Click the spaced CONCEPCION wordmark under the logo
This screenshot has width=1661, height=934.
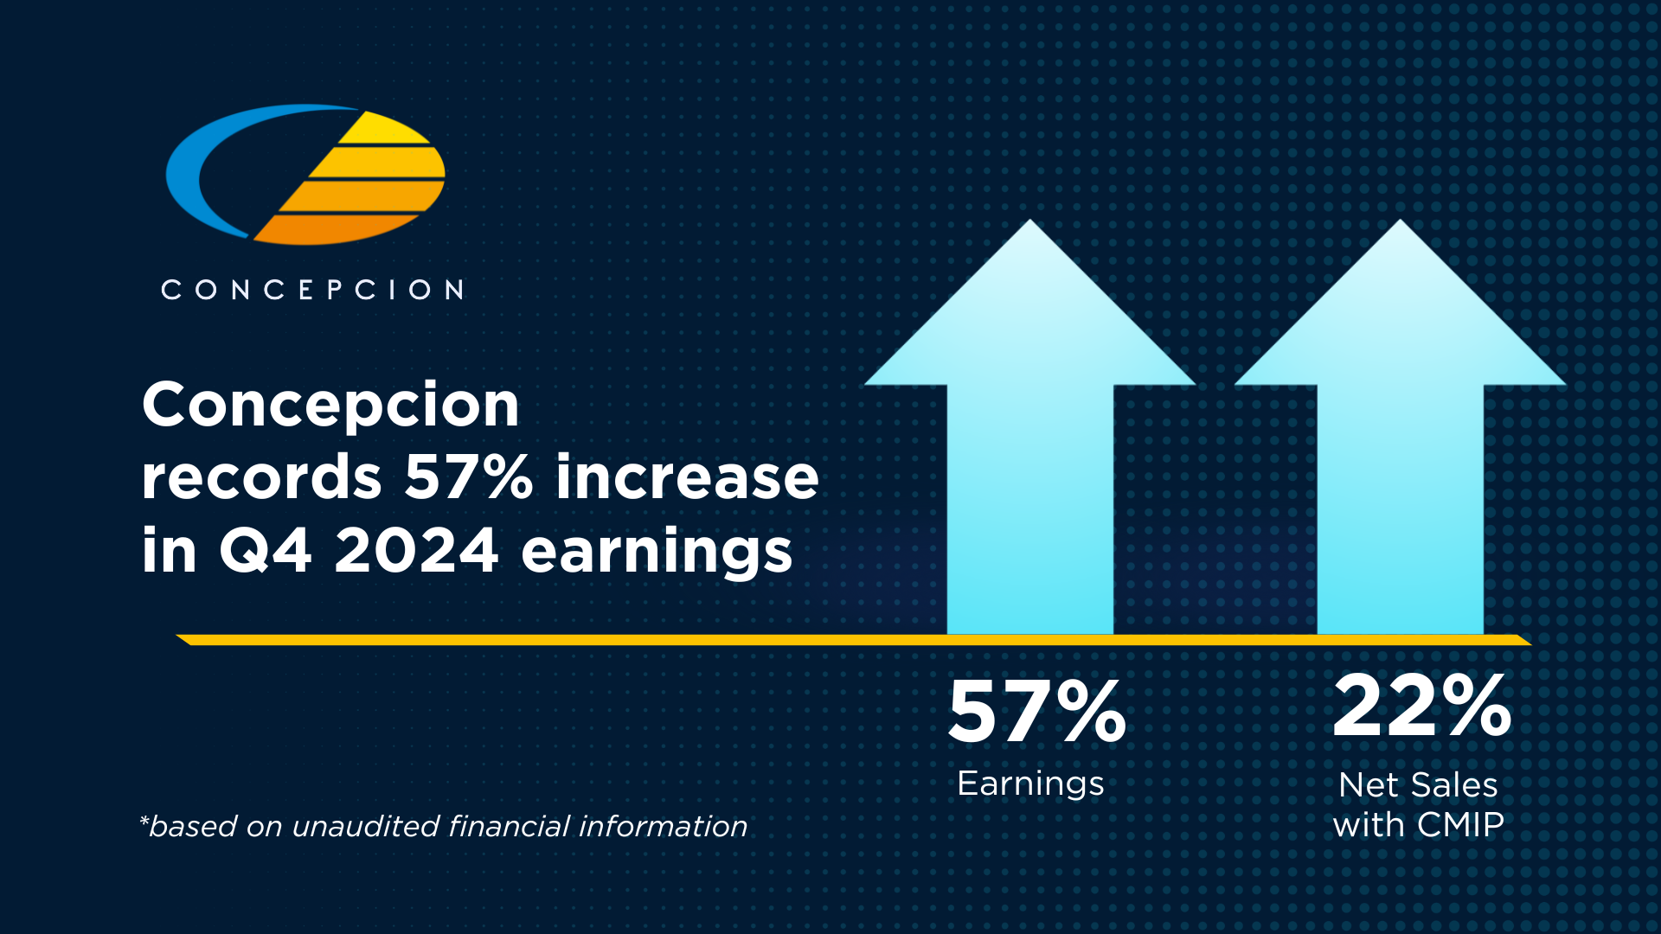(x=312, y=290)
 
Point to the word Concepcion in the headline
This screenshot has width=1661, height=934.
(x=330, y=405)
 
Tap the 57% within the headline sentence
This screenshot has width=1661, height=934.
(x=468, y=477)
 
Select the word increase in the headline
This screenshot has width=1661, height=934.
(x=687, y=477)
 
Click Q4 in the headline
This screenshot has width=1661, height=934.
(x=265, y=551)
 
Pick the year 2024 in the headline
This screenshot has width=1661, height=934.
(x=416, y=551)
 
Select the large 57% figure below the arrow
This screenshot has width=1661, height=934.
(x=1037, y=712)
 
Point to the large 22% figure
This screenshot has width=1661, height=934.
(x=1421, y=707)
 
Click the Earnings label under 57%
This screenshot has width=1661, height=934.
(x=1030, y=784)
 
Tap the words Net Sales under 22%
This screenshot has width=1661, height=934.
(x=1418, y=785)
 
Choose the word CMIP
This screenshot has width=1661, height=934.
(x=1461, y=825)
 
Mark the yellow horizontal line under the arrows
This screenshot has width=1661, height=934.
(x=606, y=640)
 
